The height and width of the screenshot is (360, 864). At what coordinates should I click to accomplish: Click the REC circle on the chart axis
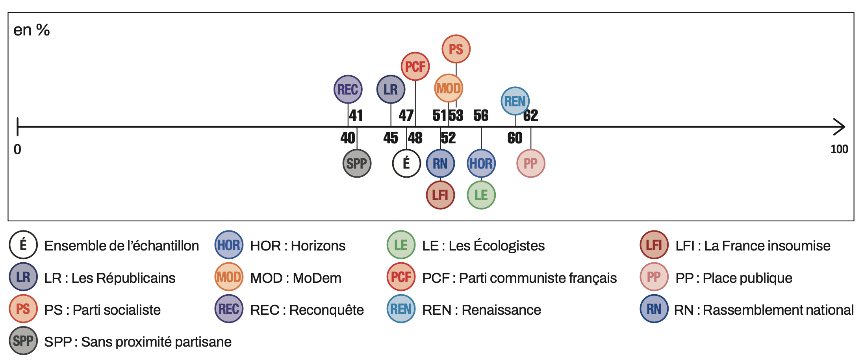click(x=348, y=89)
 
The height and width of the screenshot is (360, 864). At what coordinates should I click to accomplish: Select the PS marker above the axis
click(x=456, y=49)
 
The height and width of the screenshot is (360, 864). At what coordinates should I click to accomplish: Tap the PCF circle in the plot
click(x=415, y=66)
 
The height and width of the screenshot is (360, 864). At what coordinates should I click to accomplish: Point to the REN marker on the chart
click(x=515, y=101)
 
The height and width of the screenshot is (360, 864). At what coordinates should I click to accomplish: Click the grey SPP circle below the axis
click(x=357, y=163)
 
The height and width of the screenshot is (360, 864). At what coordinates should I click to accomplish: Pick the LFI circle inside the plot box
click(x=440, y=195)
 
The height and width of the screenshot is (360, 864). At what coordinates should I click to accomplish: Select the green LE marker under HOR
click(x=481, y=195)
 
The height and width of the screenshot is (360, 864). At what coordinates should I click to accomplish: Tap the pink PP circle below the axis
click(x=530, y=163)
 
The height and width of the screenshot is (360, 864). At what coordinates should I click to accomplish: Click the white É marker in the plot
click(x=406, y=163)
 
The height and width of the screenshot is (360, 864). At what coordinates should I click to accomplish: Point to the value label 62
click(x=530, y=115)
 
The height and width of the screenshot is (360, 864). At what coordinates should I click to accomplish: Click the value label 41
click(x=356, y=115)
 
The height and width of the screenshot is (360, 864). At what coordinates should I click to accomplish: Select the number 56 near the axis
click(x=481, y=115)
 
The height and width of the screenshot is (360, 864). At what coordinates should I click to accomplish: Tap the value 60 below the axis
click(x=515, y=138)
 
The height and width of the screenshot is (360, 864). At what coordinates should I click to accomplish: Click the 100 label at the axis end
click(x=839, y=149)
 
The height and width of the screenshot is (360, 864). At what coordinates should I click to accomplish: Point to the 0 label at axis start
click(x=17, y=149)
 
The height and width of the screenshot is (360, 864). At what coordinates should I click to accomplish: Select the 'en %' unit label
click(x=32, y=30)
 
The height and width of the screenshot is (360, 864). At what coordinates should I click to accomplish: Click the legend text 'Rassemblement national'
click(x=778, y=310)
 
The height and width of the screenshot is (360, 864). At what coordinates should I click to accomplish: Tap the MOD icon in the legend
click(x=228, y=277)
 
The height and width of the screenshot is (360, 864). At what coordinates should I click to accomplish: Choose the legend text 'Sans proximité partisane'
click(x=156, y=342)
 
